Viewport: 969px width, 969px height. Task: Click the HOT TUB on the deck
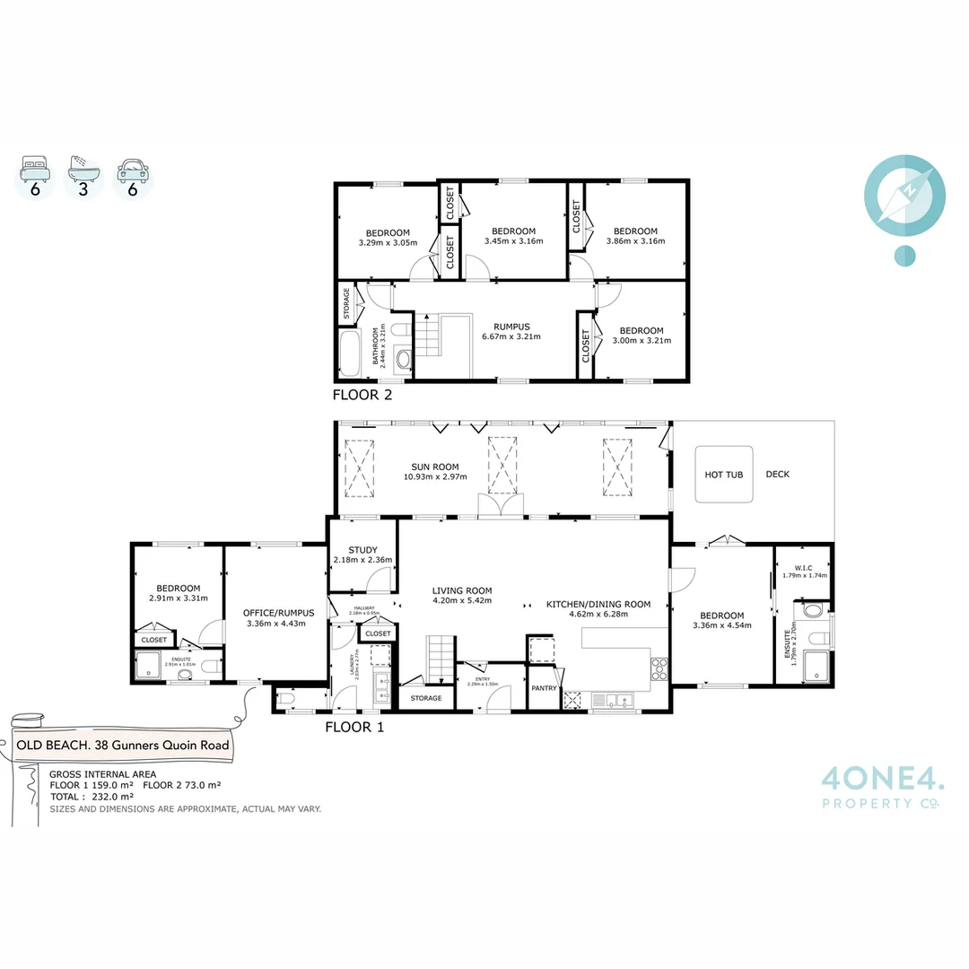click(x=724, y=474)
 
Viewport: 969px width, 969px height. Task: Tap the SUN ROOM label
click(x=434, y=467)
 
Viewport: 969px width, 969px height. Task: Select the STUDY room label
click(x=362, y=551)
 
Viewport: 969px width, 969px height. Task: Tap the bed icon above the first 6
click(x=35, y=165)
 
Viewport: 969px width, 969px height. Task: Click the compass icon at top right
click(x=904, y=194)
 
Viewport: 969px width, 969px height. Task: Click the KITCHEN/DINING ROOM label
click(x=598, y=604)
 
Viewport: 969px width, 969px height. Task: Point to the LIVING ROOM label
click(x=462, y=590)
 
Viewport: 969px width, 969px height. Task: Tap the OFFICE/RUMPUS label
click(x=274, y=613)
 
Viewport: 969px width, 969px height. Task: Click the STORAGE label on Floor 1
click(x=426, y=697)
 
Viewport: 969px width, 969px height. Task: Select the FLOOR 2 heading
click(x=362, y=394)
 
